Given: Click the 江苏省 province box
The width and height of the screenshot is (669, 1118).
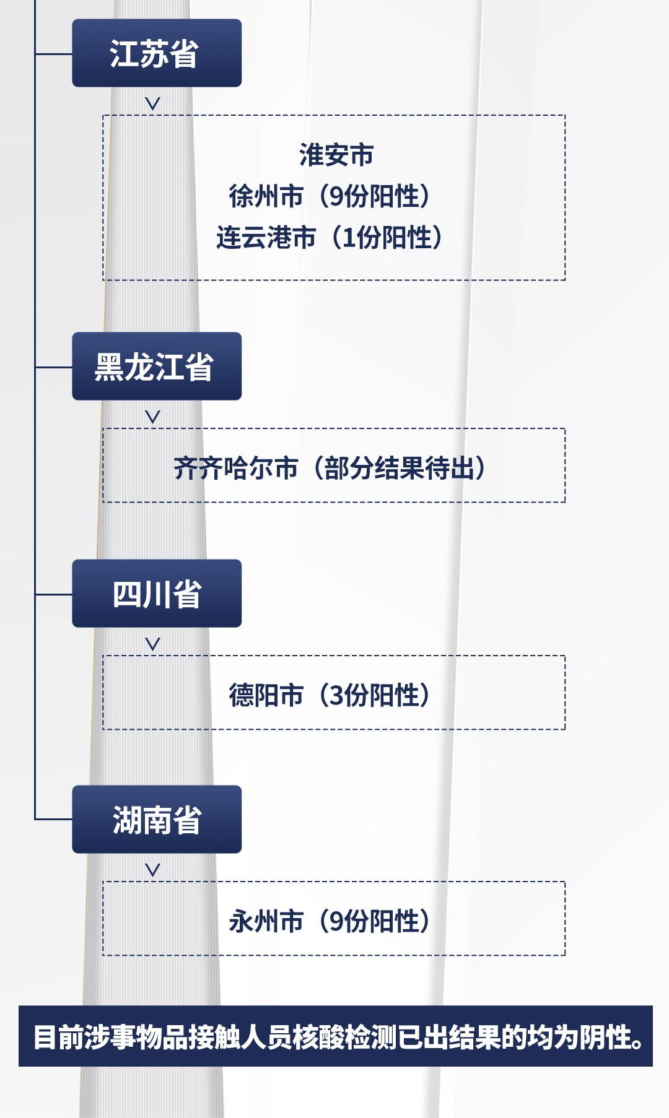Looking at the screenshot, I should pos(157,53).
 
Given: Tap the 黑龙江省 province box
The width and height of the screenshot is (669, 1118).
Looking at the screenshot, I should pos(157,366).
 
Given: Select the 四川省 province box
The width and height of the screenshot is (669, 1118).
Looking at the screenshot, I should pos(157,594).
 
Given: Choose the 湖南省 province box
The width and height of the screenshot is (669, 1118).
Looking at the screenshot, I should pos(157,820).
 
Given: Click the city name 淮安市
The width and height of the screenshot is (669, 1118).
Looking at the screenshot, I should pos(336,155).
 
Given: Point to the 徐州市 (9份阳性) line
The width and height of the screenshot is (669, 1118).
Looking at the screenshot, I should pos(330,196).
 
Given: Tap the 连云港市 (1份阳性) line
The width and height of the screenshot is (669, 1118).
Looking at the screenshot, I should pos(330,237).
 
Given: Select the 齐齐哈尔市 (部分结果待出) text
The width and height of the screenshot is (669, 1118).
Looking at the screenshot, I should pos(330,468).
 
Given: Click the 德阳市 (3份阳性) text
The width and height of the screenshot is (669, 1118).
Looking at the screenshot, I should pos(330,695).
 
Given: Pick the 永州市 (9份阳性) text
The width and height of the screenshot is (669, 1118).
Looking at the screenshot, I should pos(330,921).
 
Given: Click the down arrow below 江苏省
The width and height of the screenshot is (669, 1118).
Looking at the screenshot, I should pos(152,103).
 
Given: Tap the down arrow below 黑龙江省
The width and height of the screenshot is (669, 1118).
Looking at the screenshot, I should pos(152,417).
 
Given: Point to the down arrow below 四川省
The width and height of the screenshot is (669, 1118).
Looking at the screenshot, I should pos(152,644).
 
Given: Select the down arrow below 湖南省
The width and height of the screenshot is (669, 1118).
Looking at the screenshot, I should pos(152,870).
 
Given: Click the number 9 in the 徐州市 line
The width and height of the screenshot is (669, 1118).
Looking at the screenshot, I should pos(336,196).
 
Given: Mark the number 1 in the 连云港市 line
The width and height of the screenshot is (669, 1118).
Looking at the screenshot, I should pos(349,238).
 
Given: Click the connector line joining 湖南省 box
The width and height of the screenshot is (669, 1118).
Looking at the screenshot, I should pos(53,820).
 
